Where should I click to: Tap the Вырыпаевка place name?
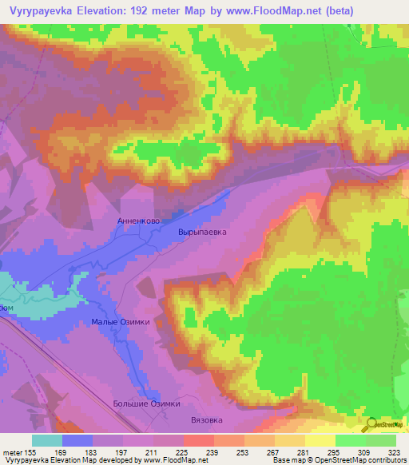[202, 232]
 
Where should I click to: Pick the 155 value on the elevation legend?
[30, 451]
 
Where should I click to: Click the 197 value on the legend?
[122, 451]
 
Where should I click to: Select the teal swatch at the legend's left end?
[47, 440]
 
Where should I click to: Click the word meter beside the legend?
[12, 451]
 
